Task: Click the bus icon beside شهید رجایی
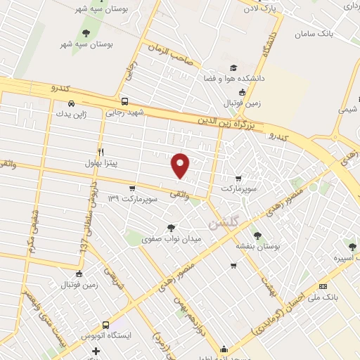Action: click(x=124, y=101)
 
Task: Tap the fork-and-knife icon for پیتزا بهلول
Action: click(x=102, y=152)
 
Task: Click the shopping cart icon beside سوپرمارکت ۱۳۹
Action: click(x=132, y=188)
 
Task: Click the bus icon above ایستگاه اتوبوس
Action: click(x=105, y=326)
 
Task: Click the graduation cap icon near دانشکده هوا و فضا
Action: click(x=233, y=68)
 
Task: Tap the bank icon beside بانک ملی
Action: click(x=323, y=286)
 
